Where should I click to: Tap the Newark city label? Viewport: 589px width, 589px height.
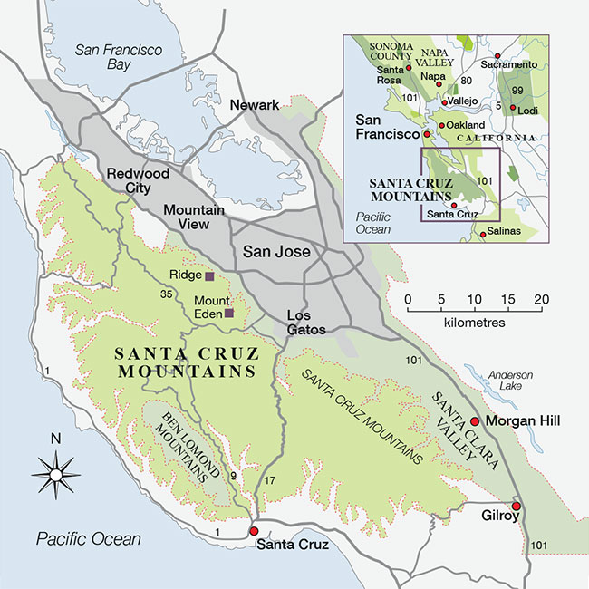click(255, 106)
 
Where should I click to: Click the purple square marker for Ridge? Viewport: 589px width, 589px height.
click(209, 275)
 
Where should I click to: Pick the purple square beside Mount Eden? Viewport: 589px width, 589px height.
click(229, 313)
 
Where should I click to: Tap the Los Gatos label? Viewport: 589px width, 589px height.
click(306, 322)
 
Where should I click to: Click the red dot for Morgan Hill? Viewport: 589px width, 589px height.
click(475, 421)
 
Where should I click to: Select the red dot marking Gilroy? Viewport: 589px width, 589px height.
click(517, 506)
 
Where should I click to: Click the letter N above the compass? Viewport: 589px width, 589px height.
click(55, 439)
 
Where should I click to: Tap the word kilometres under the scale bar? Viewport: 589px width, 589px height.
click(476, 322)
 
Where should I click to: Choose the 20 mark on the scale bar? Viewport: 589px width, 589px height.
click(541, 300)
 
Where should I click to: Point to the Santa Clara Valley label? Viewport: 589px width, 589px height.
click(456, 427)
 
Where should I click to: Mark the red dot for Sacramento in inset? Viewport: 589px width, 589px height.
click(497, 56)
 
